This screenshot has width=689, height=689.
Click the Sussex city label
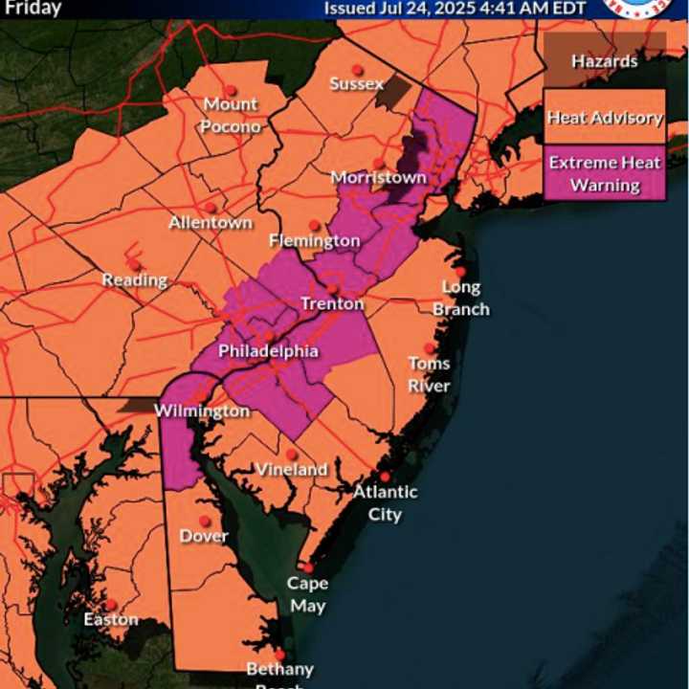click(356, 84)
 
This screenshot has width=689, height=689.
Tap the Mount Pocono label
click(231, 115)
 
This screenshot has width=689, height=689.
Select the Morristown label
click(378, 178)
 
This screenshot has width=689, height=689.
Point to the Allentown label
click(211, 222)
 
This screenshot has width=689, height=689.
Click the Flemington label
click(314, 240)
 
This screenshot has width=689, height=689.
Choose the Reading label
click(135, 280)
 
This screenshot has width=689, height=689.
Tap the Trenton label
click(332, 303)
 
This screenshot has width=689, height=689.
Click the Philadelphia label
click(268, 351)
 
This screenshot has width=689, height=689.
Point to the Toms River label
click(430, 374)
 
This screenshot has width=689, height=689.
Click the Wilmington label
click(204, 411)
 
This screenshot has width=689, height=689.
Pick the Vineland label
click(291, 469)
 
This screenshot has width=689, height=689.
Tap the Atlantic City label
click(386, 502)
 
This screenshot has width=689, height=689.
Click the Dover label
click(204, 536)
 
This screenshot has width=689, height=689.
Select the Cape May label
click(307, 594)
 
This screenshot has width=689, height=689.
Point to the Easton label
click(111, 619)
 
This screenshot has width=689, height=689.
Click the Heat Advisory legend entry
click(605, 118)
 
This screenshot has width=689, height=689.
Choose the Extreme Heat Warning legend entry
click(605, 173)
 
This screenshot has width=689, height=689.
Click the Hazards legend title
click(605, 61)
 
